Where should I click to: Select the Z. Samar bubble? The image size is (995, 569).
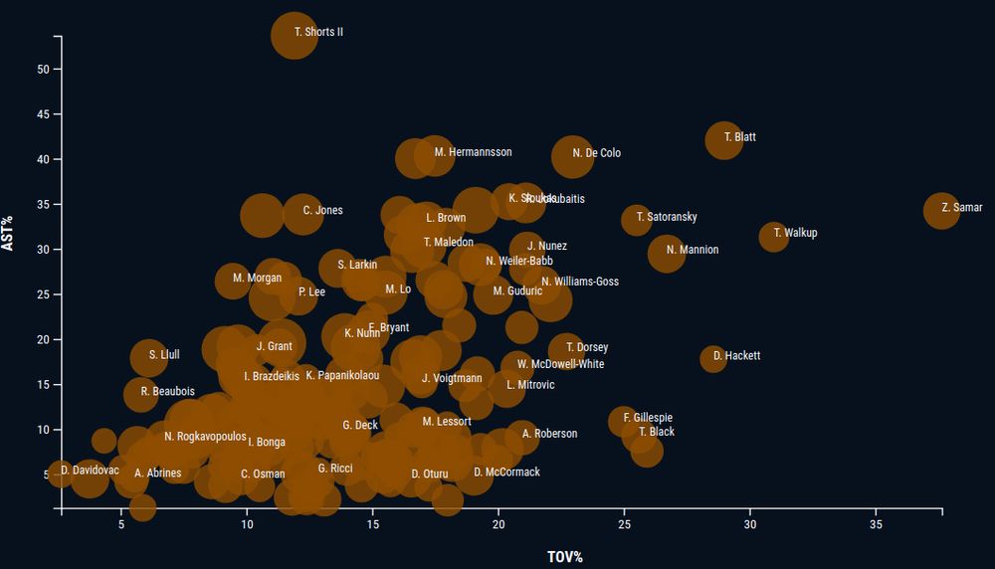coord(941,210)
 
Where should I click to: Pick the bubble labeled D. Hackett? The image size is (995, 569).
coord(712,358)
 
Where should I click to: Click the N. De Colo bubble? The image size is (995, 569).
coord(572,156)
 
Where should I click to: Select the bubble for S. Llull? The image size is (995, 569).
coord(148,358)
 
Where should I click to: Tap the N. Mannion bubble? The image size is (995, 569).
coord(667,253)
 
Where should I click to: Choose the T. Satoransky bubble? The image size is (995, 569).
coord(637,220)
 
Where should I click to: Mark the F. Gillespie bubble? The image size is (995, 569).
coord(623,421)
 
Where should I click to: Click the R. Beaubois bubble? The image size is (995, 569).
coord(142,394)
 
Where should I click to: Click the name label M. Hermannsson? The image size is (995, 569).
coord(473,152)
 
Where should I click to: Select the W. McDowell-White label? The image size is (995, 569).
coord(560,364)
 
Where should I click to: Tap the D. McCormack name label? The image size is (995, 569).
coord(506,473)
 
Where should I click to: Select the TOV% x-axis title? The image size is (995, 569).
coord(564,556)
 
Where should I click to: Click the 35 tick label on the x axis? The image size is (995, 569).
coord(877,524)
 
